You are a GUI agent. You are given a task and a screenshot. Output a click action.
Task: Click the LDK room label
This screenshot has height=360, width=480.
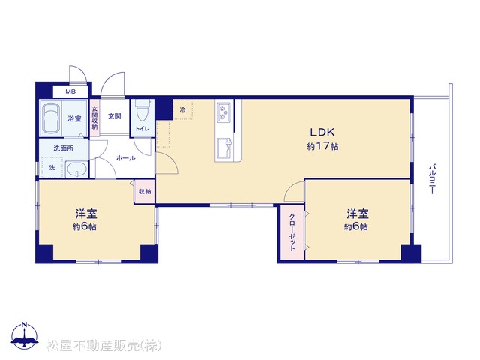tap(322, 132)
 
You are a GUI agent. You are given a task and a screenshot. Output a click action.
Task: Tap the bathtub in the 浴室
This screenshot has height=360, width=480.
tap(51, 118)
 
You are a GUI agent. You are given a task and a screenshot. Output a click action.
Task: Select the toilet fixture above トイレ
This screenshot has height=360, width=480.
tap(142, 110)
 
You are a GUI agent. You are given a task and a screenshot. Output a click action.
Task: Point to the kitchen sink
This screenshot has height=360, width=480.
tap(224, 148)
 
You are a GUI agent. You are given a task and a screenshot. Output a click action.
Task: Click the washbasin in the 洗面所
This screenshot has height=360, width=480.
tap(76, 169)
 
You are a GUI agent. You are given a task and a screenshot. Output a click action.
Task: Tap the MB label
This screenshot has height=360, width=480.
tap(70, 91)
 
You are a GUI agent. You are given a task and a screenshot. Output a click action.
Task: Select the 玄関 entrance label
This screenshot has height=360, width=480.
tap(115, 116)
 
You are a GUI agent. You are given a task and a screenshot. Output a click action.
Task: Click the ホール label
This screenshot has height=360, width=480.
tap(125, 158)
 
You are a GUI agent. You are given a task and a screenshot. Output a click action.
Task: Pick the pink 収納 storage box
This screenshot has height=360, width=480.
tap(145, 192)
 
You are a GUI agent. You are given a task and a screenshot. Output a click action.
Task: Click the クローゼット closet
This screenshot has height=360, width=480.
tap(292, 232)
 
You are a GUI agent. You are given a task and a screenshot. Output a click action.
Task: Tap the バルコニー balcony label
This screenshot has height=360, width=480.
tap(432, 179)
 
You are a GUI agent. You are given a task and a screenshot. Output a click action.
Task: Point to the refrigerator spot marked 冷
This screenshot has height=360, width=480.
tap(183, 109)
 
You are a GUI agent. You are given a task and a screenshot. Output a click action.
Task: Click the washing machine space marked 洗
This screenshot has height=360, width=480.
tap(52, 167)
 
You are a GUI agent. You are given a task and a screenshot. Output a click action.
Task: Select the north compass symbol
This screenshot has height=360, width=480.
tap(25, 335)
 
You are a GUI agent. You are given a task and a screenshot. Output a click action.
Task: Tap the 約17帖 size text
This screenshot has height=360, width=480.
tap(322, 147)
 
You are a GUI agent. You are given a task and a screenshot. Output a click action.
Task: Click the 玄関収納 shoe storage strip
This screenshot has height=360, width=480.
tap(94, 118)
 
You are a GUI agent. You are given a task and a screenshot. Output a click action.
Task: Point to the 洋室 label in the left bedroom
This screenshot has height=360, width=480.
tap(86, 214)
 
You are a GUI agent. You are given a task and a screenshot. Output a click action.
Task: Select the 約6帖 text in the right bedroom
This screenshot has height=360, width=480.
tap(356, 227)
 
